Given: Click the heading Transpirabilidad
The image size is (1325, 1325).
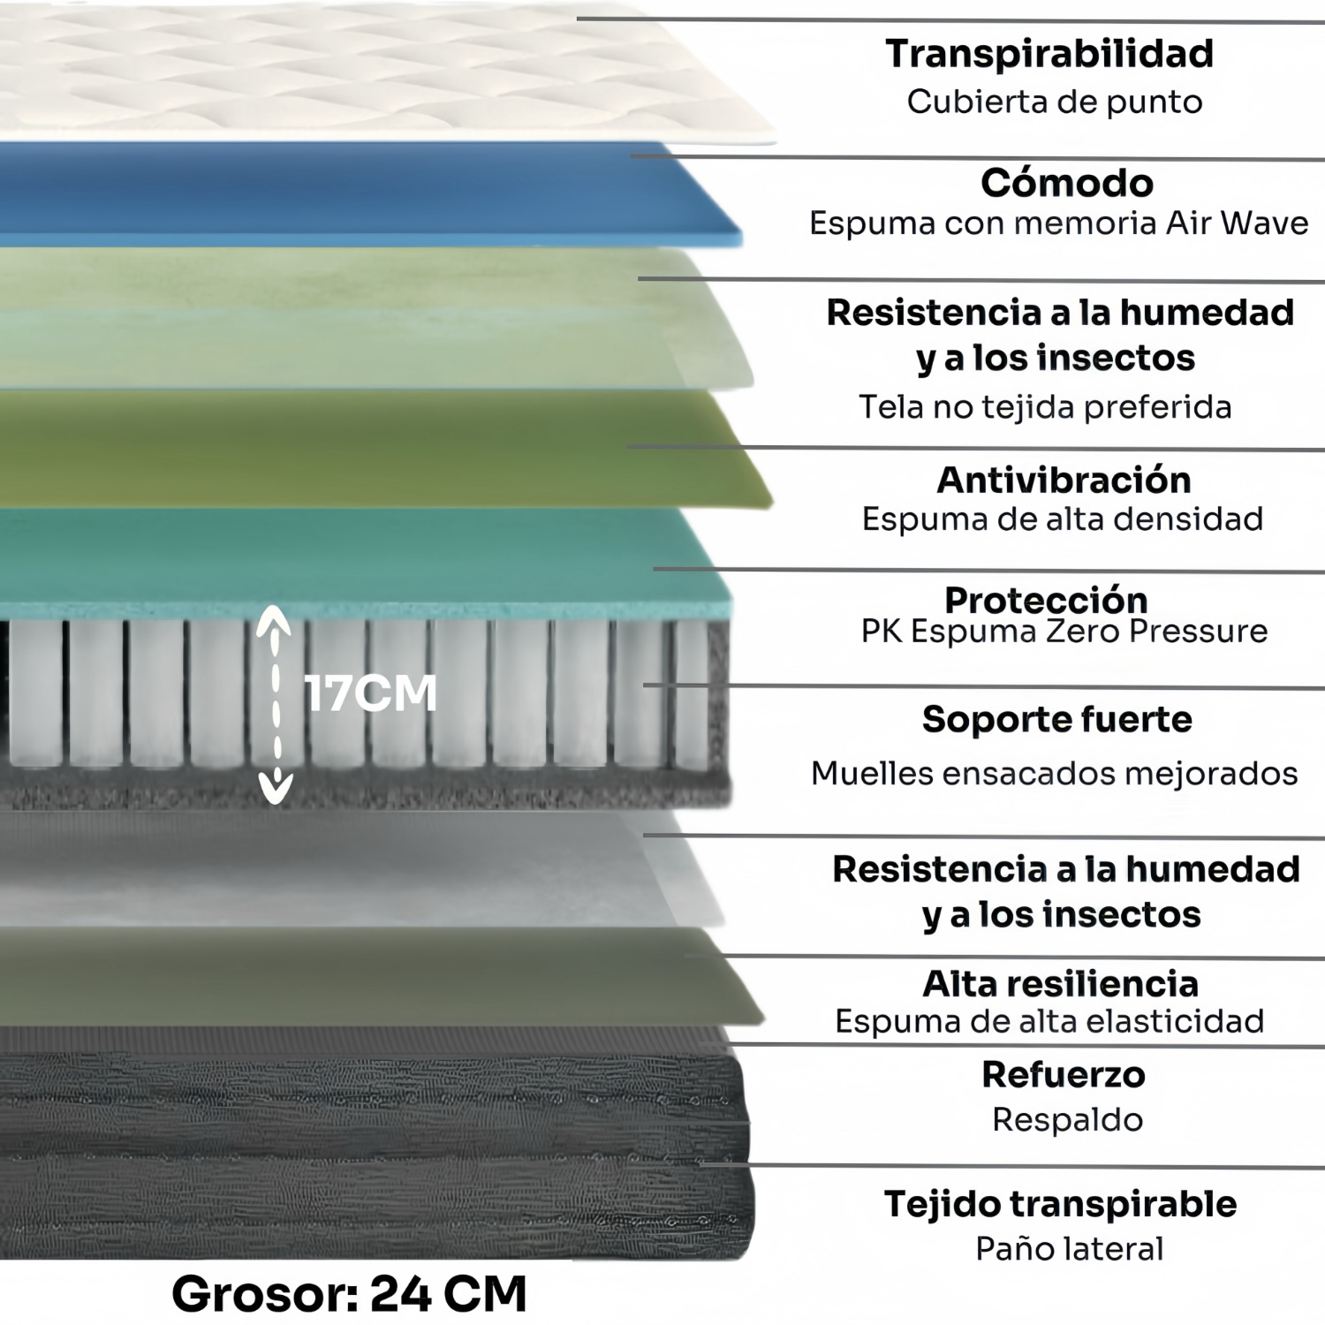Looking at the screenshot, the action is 1049,54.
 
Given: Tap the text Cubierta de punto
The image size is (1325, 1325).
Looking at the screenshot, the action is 1055,102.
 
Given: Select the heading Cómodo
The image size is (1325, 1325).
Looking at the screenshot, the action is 1067,183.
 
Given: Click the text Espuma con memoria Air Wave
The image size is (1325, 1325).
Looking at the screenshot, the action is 1059,223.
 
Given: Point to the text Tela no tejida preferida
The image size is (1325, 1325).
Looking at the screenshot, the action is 1045,406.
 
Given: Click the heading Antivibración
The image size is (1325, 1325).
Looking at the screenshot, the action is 1064,480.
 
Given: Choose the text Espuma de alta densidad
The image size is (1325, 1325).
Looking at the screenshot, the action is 1063,519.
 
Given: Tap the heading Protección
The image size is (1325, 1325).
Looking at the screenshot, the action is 1047,600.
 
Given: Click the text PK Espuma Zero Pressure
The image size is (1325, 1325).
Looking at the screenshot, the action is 1064,632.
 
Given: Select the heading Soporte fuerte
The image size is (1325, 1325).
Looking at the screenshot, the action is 1057,719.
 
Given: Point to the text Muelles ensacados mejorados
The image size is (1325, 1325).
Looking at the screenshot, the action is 1055,773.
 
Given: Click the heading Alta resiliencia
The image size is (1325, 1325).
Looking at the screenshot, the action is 1061,983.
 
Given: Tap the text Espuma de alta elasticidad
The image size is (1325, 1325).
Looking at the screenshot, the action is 1050,1021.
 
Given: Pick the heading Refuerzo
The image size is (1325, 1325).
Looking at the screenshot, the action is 1064,1074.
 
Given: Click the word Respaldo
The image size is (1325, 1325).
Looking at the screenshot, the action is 1068,1119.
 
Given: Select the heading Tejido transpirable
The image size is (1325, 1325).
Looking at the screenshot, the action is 1061,1204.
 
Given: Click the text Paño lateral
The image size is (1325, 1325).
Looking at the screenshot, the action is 1070,1248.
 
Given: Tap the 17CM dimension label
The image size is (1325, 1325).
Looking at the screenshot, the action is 371,693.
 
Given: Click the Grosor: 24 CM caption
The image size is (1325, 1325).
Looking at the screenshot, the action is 349,1294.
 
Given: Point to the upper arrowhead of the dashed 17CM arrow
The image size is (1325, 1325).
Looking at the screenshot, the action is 275,619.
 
